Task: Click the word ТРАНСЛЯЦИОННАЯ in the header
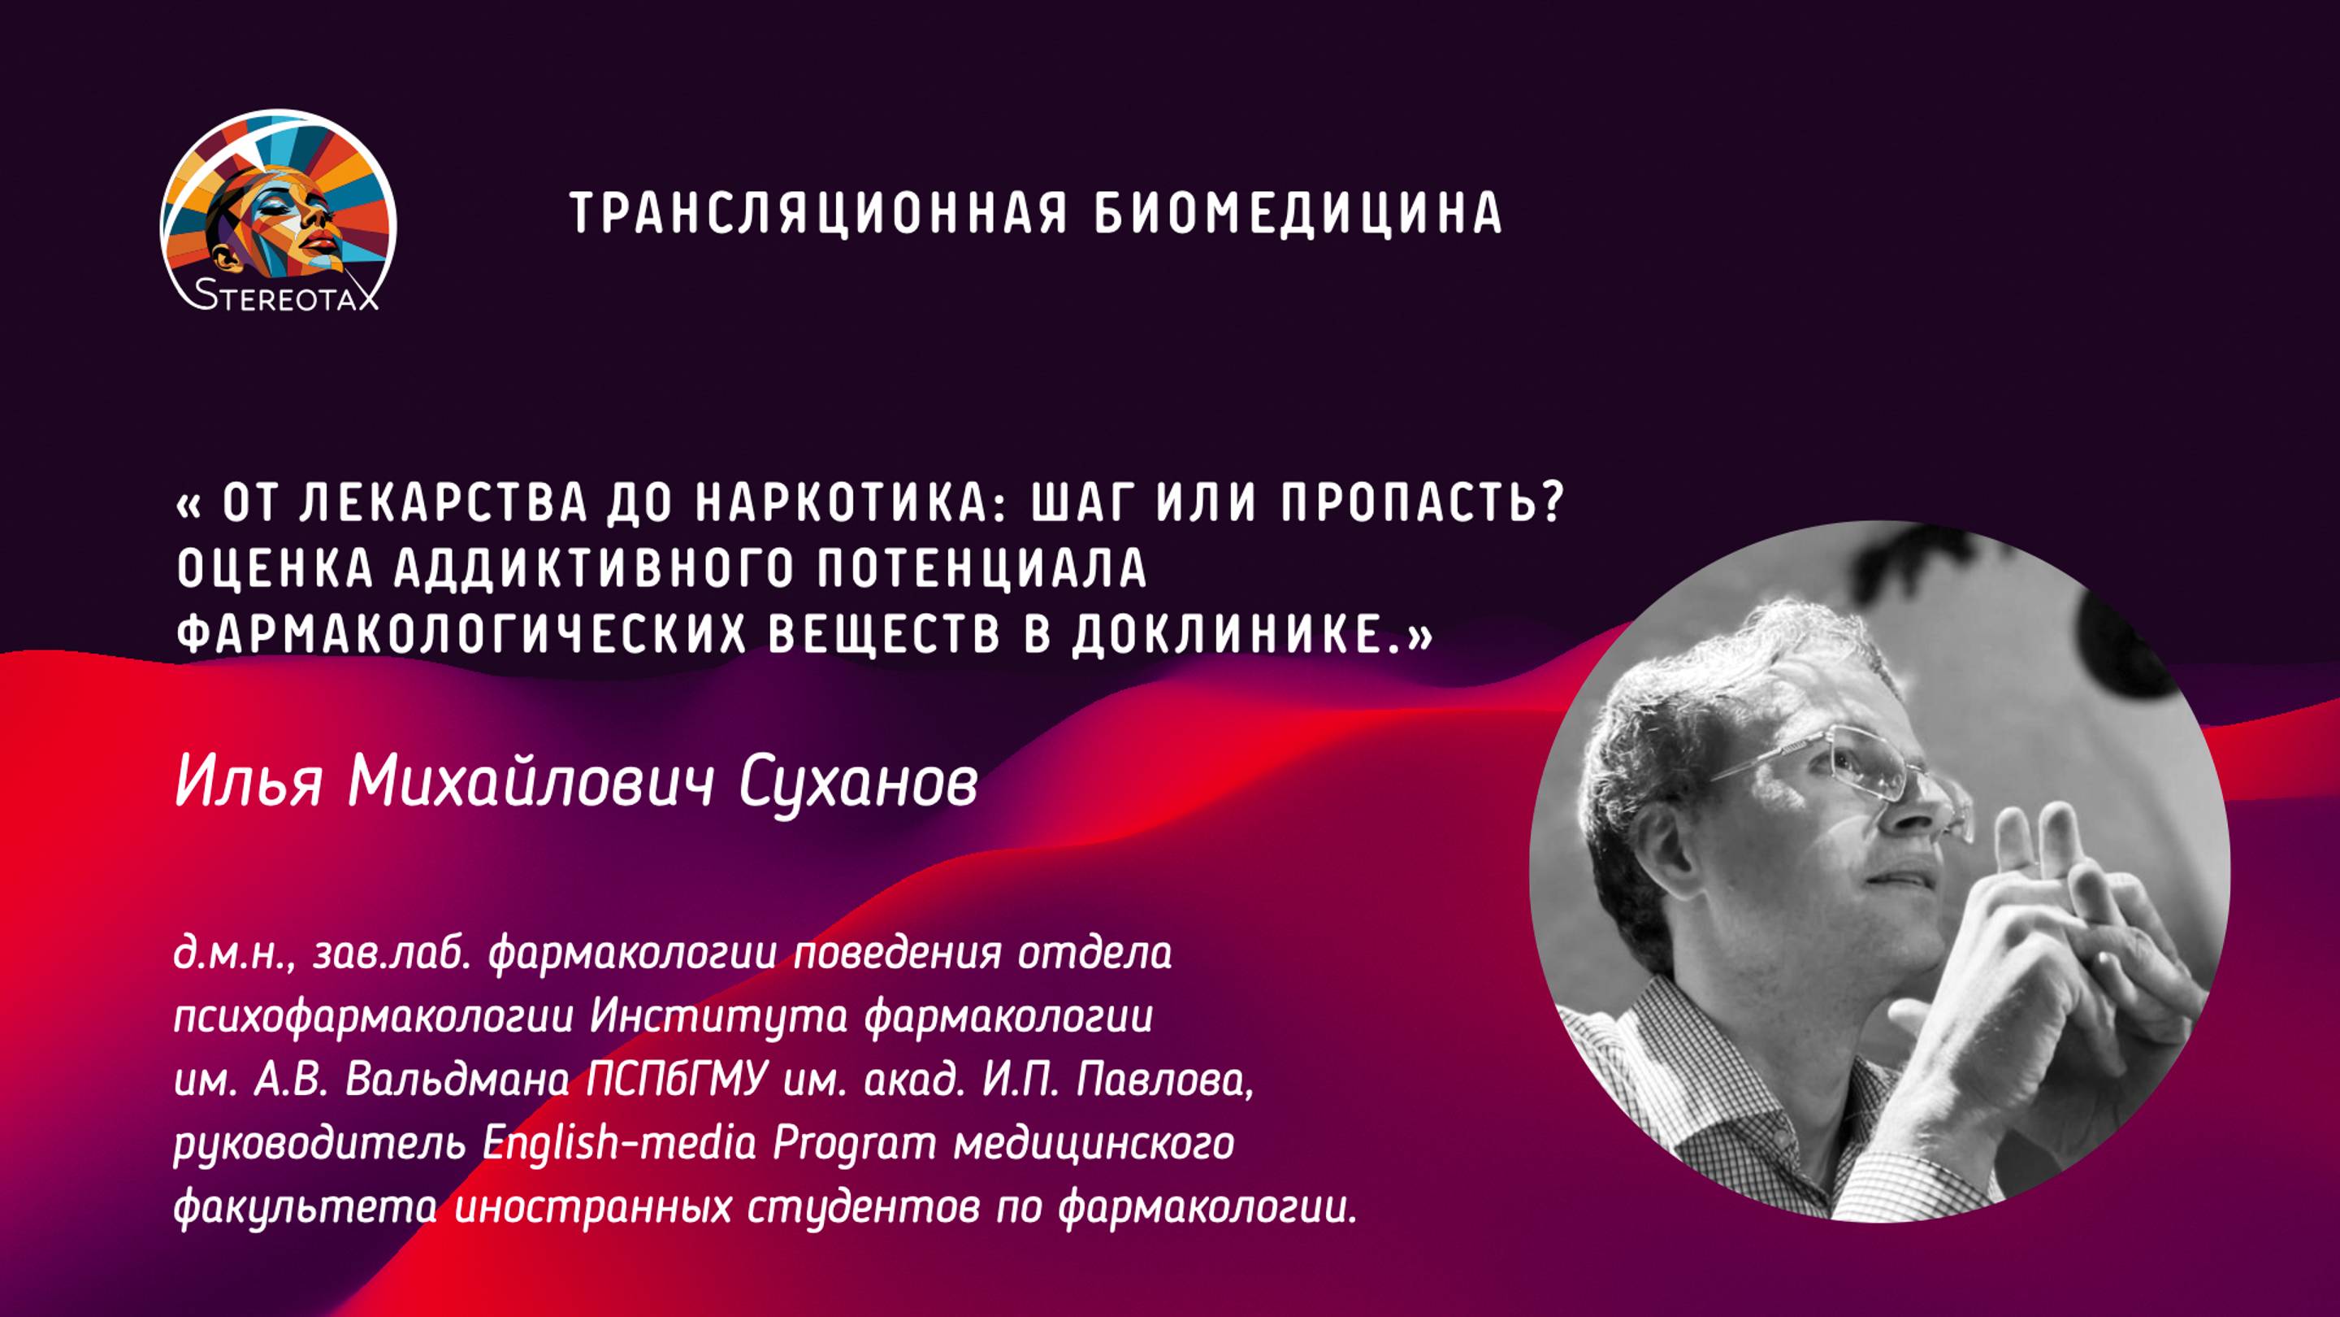pyautogui.click(x=817, y=213)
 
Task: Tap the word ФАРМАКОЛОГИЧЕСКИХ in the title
pyautogui.click(x=461, y=633)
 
